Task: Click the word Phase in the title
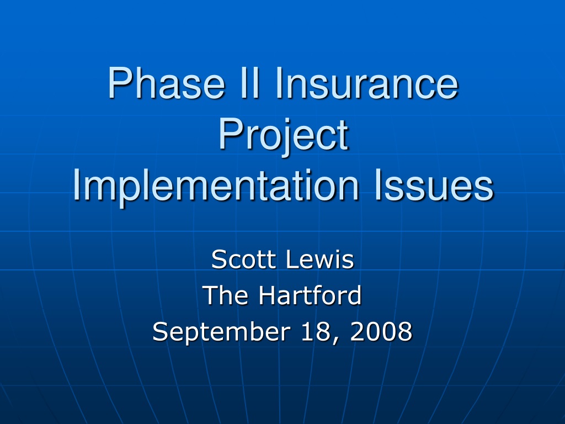coord(167,83)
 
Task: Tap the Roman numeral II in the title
coord(250,83)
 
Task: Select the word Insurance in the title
coord(366,83)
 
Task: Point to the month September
coord(221,332)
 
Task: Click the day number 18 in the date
coord(313,331)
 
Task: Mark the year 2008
coord(381,331)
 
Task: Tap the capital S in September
coord(161,331)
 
